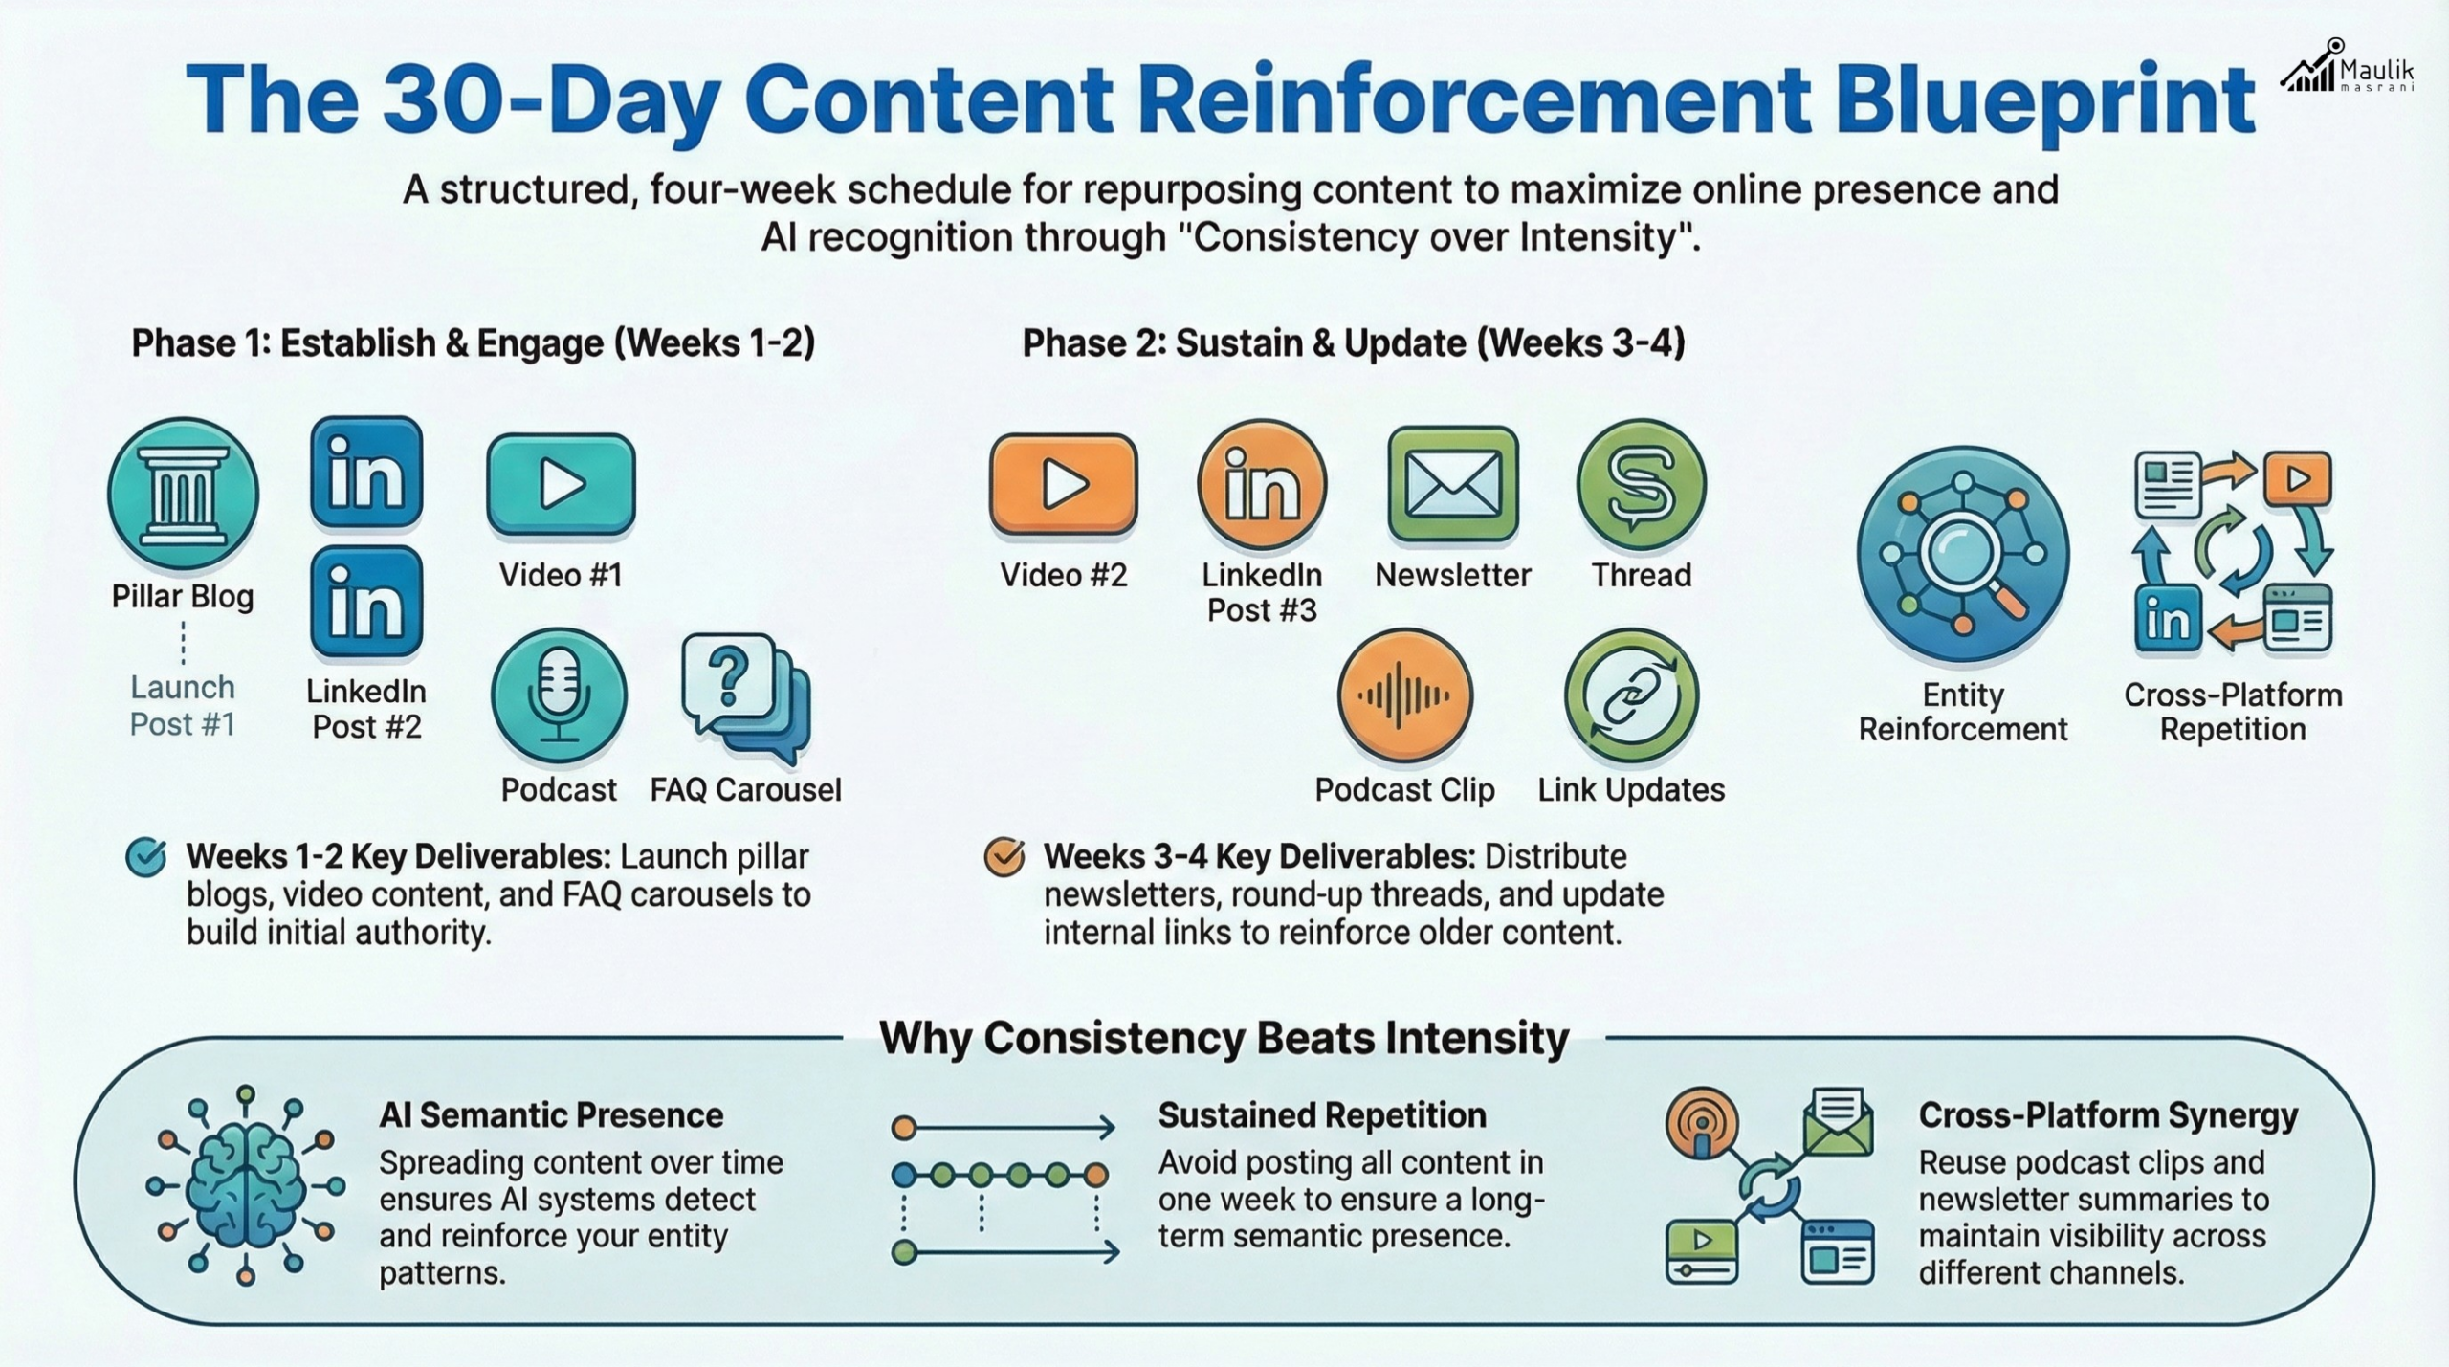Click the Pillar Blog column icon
pyautogui.click(x=183, y=495)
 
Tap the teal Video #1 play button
pyautogui.click(x=562, y=483)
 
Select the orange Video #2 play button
pyautogui.click(x=1064, y=483)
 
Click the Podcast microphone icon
pyautogui.click(x=560, y=695)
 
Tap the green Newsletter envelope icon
pyautogui.click(x=1453, y=484)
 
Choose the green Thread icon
pyautogui.click(x=1642, y=484)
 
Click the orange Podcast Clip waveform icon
pyautogui.click(x=1405, y=695)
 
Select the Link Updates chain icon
pyautogui.click(x=1632, y=695)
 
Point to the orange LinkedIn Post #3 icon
pyautogui.click(x=1263, y=484)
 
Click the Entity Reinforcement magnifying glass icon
pyautogui.click(x=1963, y=555)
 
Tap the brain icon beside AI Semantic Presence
pyautogui.click(x=246, y=1184)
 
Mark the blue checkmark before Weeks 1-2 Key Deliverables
pyautogui.click(x=146, y=857)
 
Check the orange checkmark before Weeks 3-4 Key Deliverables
pyautogui.click(x=1004, y=857)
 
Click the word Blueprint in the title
pyautogui.click(x=2045, y=99)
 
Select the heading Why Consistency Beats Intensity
pyautogui.click(x=1224, y=1038)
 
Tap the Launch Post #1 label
pyautogui.click(x=183, y=706)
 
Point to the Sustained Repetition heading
pyautogui.click(x=1323, y=1115)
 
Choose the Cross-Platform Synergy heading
pyautogui.click(x=2108, y=1116)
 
